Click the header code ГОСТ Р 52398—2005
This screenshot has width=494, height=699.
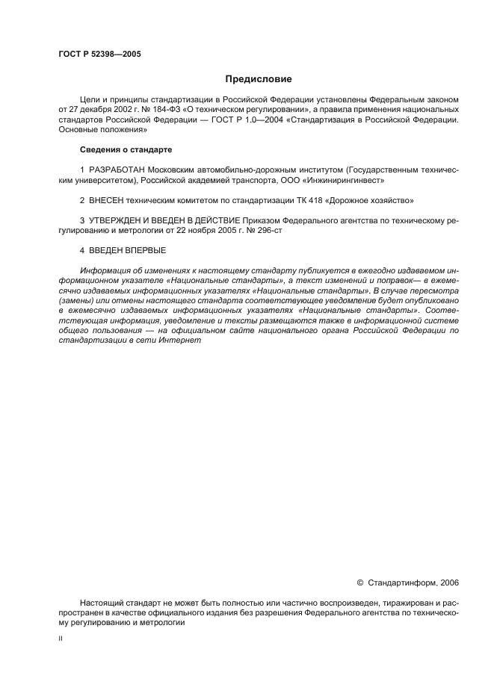(99, 55)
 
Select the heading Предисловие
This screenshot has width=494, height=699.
(259, 78)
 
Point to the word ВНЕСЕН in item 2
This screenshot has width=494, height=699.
(107, 201)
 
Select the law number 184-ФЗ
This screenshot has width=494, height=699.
(166, 108)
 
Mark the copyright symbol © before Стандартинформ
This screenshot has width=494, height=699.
(360, 582)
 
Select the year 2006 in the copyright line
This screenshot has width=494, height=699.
(450, 582)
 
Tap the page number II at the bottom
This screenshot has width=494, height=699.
(61, 639)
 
